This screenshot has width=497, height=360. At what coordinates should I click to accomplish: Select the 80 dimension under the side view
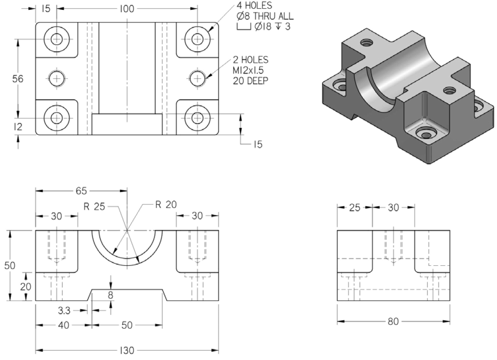click(x=393, y=321)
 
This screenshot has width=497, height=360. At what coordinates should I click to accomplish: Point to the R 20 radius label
click(x=166, y=204)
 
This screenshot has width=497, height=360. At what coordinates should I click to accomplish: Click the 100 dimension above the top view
click(x=127, y=8)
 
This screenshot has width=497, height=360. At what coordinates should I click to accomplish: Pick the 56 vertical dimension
click(x=18, y=79)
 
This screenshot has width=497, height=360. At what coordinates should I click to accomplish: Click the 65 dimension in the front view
click(x=81, y=191)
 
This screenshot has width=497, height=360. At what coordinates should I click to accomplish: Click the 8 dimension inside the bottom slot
click(x=111, y=295)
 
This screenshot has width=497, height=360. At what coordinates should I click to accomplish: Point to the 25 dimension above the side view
click(x=354, y=207)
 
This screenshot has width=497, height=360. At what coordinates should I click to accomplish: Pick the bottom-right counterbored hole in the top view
click(x=197, y=118)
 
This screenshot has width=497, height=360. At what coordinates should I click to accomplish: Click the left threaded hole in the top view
click(x=56, y=78)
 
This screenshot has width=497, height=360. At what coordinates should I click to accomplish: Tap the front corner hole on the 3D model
click(x=426, y=135)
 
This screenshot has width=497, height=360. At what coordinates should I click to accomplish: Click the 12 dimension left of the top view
click(x=18, y=127)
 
